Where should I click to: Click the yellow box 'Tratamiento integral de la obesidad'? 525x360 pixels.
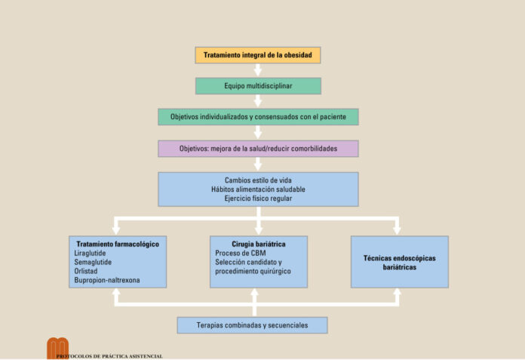click(x=258, y=55)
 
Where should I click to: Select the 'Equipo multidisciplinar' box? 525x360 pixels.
click(x=258, y=86)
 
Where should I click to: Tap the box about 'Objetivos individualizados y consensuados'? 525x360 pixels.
click(x=258, y=117)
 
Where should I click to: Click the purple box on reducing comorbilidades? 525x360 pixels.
click(x=258, y=149)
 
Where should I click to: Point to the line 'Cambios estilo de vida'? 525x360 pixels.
click(x=258, y=180)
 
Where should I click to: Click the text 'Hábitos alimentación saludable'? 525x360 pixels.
click(x=258, y=189)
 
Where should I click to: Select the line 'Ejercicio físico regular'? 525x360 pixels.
click(x=258, y=198)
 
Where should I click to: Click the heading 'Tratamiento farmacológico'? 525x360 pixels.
click(x=118, y=244)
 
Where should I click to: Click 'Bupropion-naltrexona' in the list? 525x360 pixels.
click(x=107, y=280)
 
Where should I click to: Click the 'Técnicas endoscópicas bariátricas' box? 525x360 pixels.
click(x=399, y=262)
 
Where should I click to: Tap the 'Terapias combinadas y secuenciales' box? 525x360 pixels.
click(x=253, y=325)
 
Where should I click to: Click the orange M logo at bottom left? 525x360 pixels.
click(x=57, y=347)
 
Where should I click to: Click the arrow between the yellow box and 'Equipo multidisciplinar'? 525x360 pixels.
click(x=258, y=71)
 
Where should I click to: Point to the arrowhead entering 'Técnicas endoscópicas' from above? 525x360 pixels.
click(x=398, y=229)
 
